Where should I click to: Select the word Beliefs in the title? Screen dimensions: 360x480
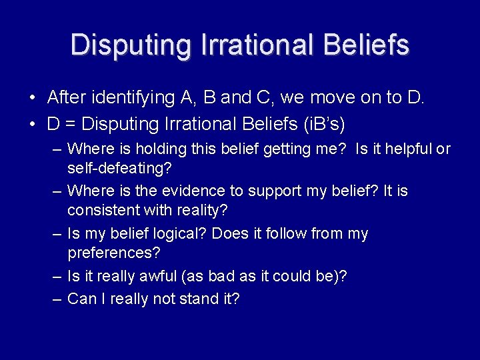(365, 45)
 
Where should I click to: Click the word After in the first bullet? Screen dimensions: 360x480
(67, 98)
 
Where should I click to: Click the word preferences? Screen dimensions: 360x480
(114, 253)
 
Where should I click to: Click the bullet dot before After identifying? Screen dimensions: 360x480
(32, 99)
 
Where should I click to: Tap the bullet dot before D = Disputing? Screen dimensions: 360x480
(32, 124)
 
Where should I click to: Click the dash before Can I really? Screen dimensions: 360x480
(58, 299)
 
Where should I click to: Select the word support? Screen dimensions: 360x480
(278, 191)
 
